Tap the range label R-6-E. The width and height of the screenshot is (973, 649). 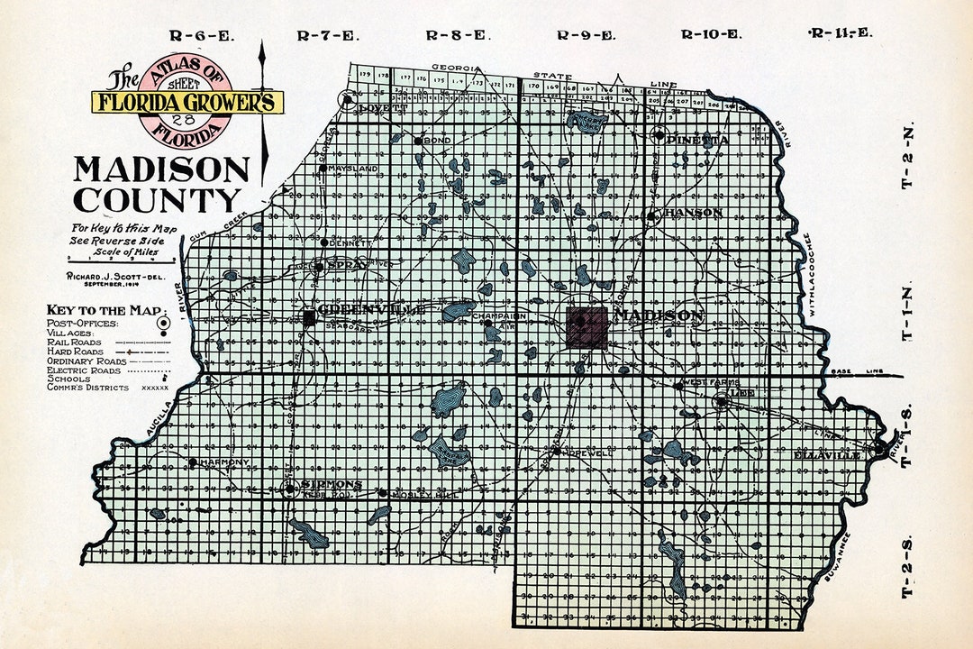(x=201, y=36)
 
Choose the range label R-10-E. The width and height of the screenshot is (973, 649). (x=711, y=35)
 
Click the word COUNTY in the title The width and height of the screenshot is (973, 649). (x=158, y=199)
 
